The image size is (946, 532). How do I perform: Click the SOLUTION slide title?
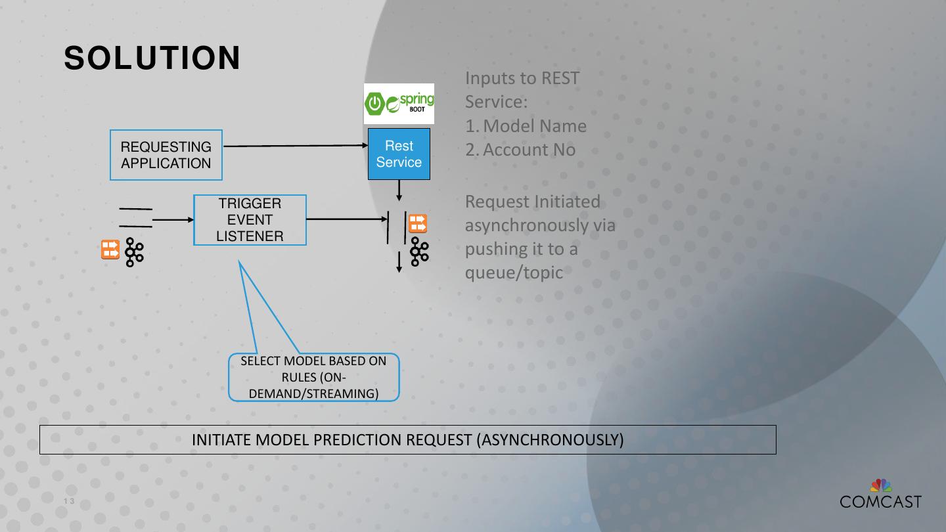(x=152, y=58)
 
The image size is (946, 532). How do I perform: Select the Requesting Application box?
(x=166, y=155)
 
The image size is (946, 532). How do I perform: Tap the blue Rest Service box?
(x=399, y=154)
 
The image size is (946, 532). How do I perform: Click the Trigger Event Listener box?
(x=250, y=220)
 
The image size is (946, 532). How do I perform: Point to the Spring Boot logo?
(x=399, y=104)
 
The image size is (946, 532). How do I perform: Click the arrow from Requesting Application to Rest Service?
(x=296, y=146)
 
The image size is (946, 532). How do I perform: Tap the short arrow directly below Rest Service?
(x=399, y=190)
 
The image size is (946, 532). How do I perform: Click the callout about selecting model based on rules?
(x=313, y=377)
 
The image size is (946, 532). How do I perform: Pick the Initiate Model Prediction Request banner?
(x=407, y=439)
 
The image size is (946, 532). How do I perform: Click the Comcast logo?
(x=880, y=495)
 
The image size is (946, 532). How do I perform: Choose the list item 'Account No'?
(x=529, y=150)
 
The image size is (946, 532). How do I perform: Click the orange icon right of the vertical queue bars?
(x=418, y=224)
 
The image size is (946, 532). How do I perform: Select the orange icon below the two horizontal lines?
(x=110, y=250)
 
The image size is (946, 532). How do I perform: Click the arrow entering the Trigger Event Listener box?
(x=172, y=220)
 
